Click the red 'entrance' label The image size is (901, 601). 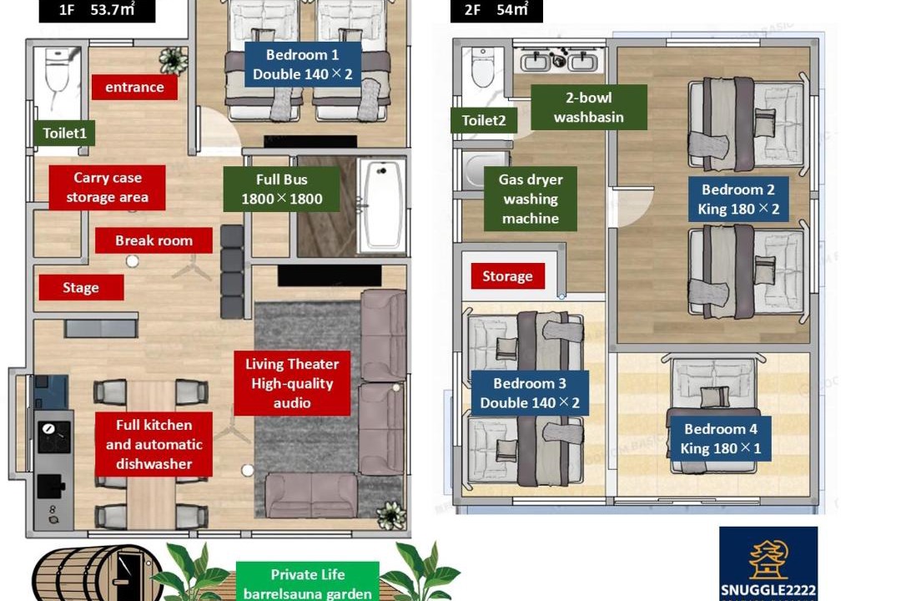pyautogui.click(x=134, y=87)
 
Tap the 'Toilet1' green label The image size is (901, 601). pyautogui.click(x=64, y=133)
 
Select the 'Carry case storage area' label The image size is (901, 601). pyautogui.click(x=107, y=188)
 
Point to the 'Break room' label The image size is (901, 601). pyautogui.click(x=154, y=240)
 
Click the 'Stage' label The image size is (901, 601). pyautogui.click(x=81, y=287)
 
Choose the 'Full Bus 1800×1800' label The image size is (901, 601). pyautogui.click(x=282, y=189)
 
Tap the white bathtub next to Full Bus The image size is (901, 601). pyautogui.click(x=381, y=205)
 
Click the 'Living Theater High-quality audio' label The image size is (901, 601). pyautogui.click(x=292, y=383)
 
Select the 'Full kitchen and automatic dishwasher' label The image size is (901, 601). pyautogui.click(x=154, y=444)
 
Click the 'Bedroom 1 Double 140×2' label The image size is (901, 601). pyautogui.click(x=303, y=64)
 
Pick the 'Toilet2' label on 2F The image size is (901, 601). pyautogui.click(x=484, y=120)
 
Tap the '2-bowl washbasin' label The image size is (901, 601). pyautogui.click(x=589, y=107)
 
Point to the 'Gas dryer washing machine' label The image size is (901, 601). pyautogui.click(x=531, y=199)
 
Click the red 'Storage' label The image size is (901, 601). pyautogui.click(x=507, y=276)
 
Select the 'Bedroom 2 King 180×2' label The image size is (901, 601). pyautogui.click(x=738, y=199)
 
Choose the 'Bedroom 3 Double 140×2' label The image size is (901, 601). pyautogui.click(x=530, y=393)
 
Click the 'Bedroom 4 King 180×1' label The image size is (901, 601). pyautogui.click(x=721, y=438)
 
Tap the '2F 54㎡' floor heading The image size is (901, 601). pyautogui.click(x=496, y=10)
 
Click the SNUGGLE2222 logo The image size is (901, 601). pyautogui.click(x=768, y=563)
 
